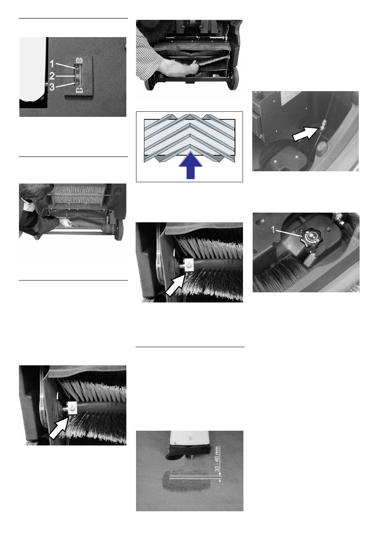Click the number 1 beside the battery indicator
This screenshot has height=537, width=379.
(x=52, y=64)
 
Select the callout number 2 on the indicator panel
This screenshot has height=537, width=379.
(x=52, y=76)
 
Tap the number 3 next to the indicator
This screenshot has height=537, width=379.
(x=52, y=87)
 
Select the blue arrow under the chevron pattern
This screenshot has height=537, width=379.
(x=190, y=165)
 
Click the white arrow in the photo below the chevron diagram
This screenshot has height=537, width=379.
(x=175, y=286)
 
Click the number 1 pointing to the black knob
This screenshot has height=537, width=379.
(x=273, y=229)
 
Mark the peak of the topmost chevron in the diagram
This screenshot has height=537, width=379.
(x=189, y=114)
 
